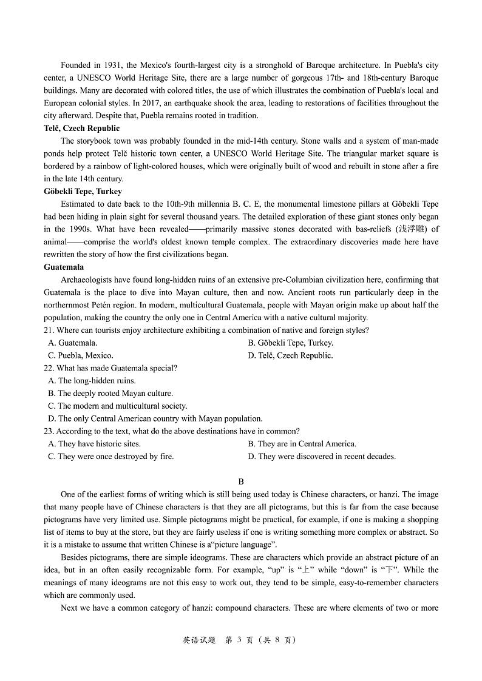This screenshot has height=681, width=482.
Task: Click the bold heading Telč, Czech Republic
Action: (x=82, y=128)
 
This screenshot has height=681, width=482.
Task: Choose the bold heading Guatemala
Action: (x=64, y=267)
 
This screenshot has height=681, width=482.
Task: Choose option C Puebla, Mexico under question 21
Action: (x=81, y=355)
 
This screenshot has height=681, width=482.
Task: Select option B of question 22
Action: (x=110, y=393)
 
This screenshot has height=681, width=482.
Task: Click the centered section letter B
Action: (x=240, y=481)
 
